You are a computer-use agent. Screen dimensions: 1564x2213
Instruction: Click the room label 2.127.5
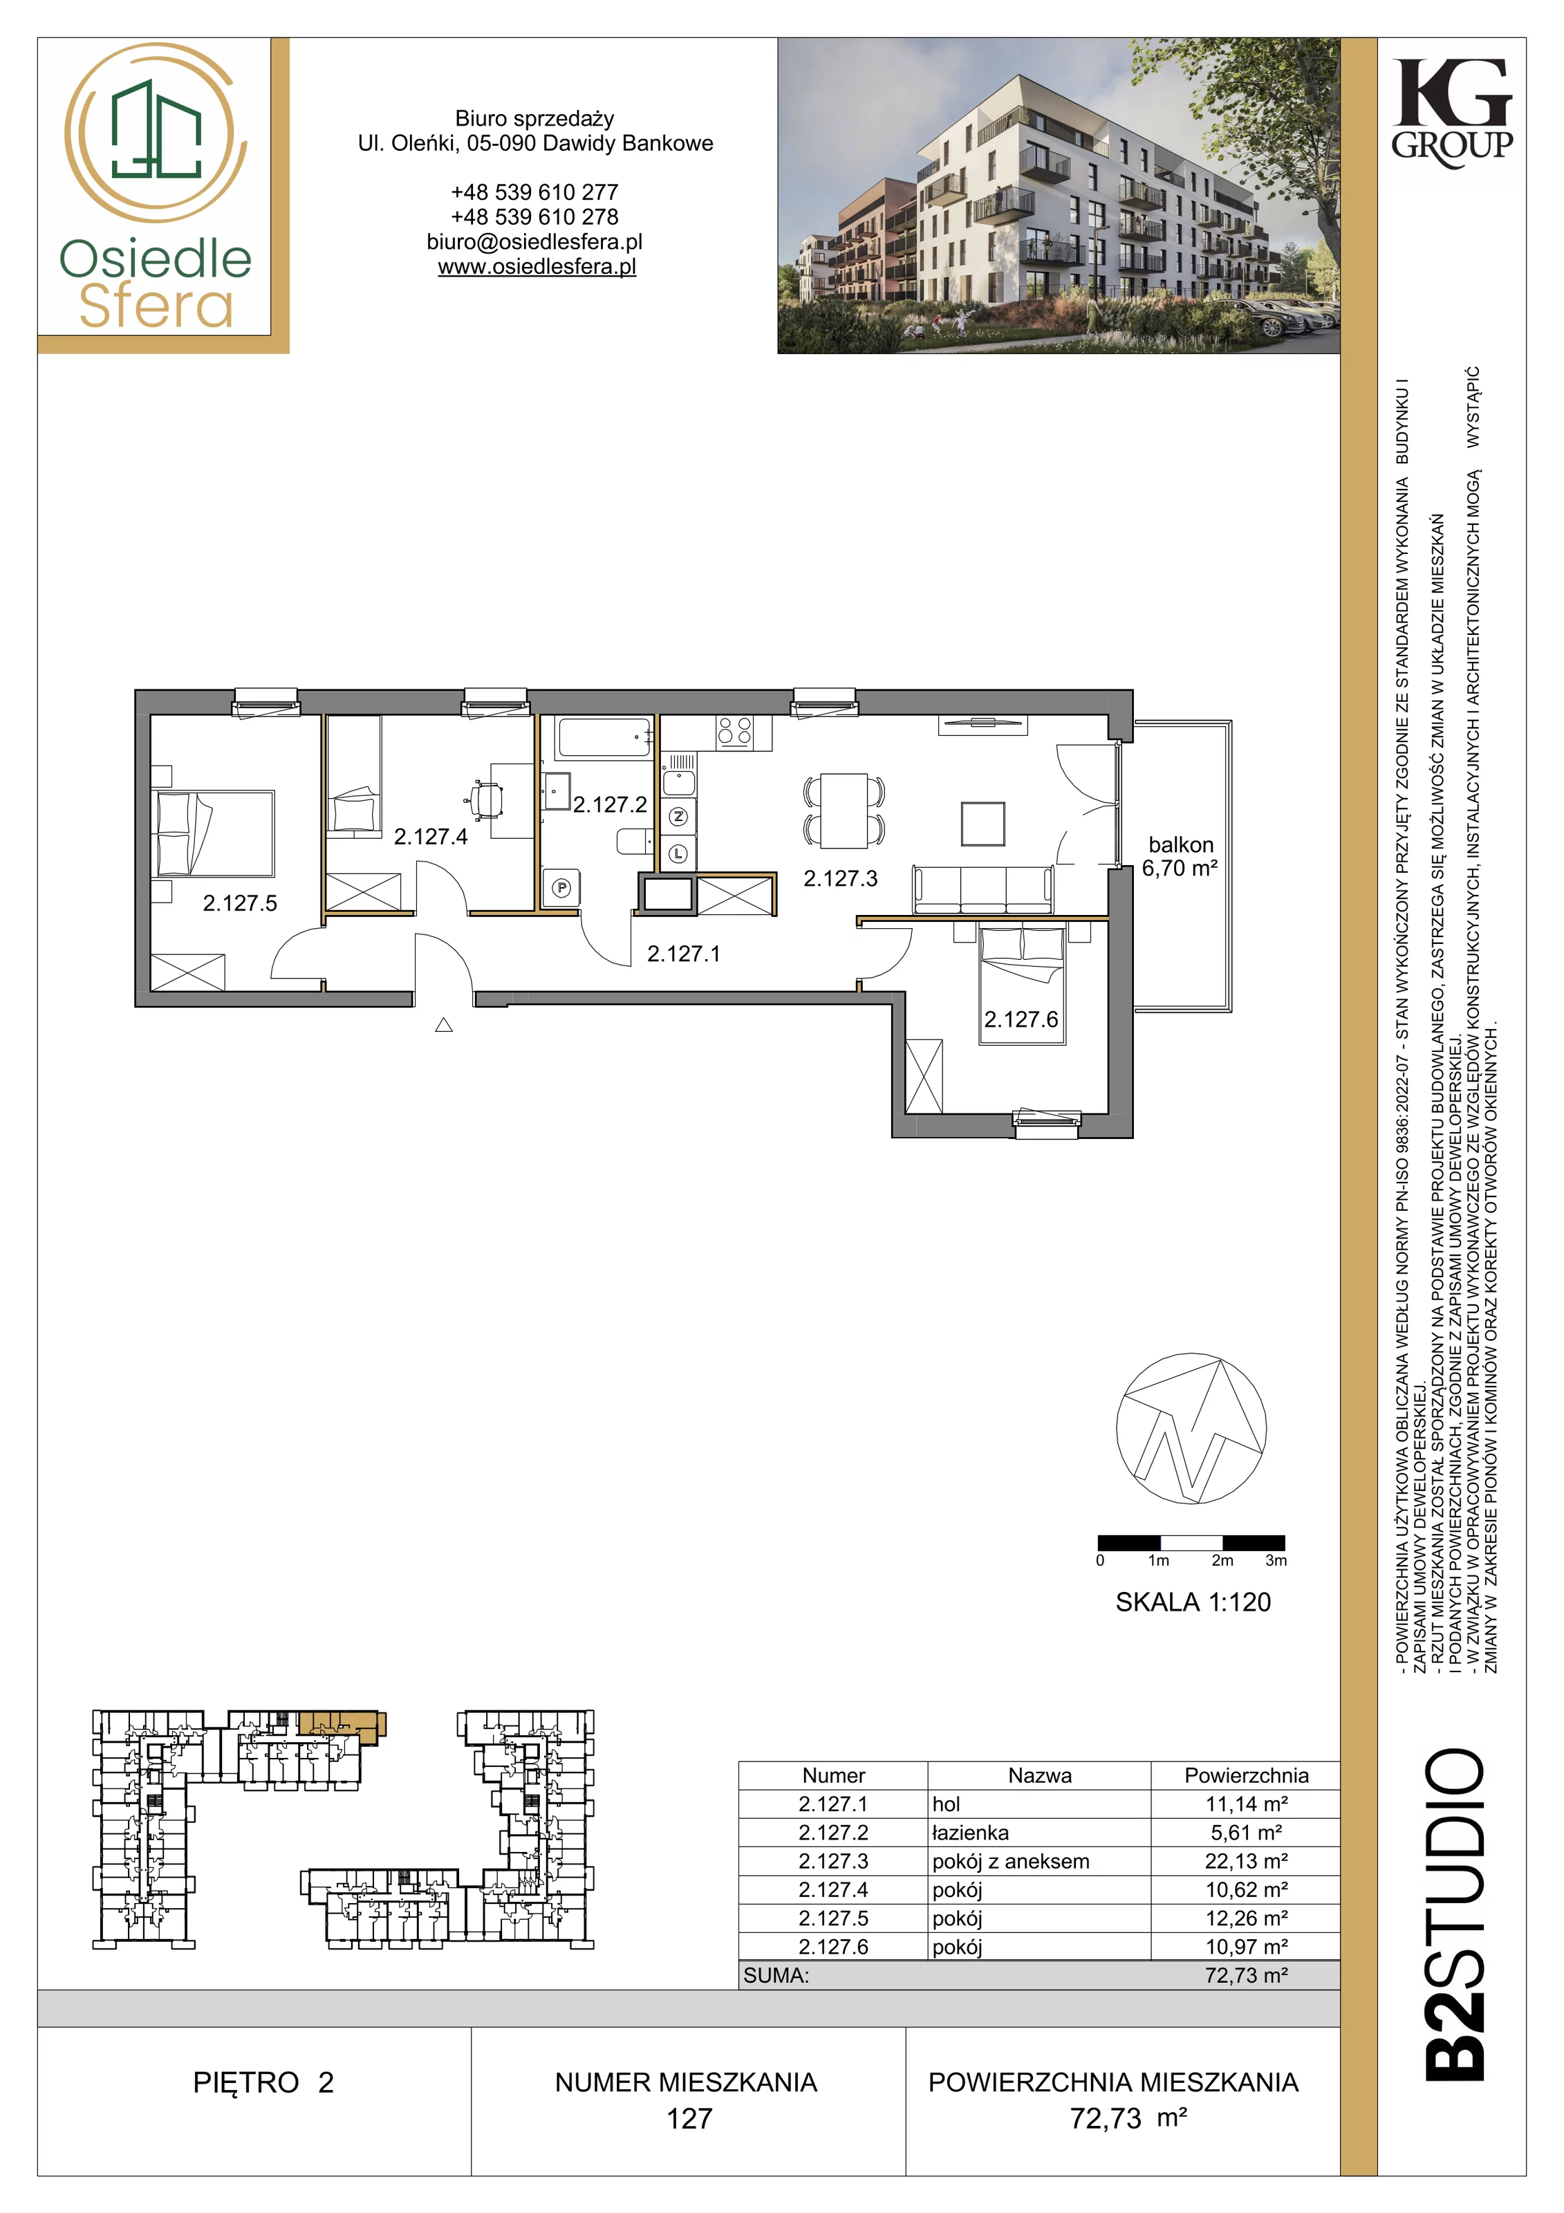pos(240,903)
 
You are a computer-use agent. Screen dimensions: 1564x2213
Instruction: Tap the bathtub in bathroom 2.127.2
pos(603,739)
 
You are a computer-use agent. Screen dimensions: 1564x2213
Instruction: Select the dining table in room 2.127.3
pos(844,811)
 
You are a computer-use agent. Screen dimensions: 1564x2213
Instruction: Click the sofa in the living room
pos(983,889)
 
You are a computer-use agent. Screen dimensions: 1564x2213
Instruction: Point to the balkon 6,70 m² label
pos(1180,856)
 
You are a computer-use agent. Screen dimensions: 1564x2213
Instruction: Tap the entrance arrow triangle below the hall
pos(443,1026)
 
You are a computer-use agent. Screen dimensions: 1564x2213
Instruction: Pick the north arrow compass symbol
pos(1191,1429)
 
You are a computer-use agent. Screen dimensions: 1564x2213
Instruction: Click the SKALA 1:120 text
pos(1193,1602)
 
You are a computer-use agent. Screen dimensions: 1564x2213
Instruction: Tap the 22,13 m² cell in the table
pos(1246,1861)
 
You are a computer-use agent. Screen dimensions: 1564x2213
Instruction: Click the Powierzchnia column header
pos(1246,1775)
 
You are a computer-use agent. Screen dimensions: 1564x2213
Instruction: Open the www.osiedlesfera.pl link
pos(537,267)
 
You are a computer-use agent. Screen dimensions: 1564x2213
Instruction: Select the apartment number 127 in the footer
pos(690,2118)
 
